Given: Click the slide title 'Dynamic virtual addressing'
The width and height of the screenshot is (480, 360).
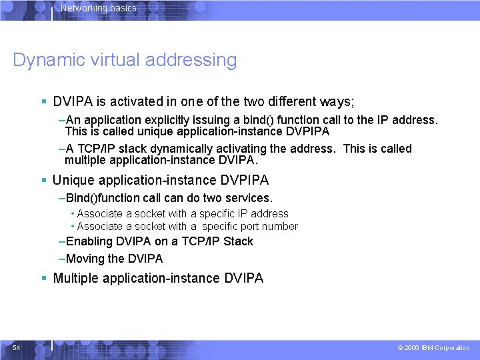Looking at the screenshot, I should click(125, 60).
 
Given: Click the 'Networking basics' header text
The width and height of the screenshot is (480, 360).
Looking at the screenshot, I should click(99, 9).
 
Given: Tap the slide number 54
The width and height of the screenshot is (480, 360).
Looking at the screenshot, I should click(16, 347).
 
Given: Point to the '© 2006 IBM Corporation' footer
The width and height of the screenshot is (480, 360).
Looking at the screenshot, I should click(433, 348).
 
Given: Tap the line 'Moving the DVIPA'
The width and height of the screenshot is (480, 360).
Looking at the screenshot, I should click(114, 259).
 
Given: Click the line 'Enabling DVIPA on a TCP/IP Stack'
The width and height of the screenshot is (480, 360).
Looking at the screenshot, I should click(159, 241).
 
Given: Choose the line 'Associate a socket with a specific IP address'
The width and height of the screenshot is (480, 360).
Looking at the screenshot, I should click(183, 213).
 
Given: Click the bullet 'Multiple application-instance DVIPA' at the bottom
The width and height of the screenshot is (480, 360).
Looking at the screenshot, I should click(158, 278).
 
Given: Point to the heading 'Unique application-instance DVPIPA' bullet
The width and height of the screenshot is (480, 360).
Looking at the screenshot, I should click(161, 180).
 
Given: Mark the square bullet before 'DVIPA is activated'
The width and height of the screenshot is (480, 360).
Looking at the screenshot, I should click(43, 103).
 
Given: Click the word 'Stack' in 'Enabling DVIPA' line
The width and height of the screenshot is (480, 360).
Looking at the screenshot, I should click(238, 241).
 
